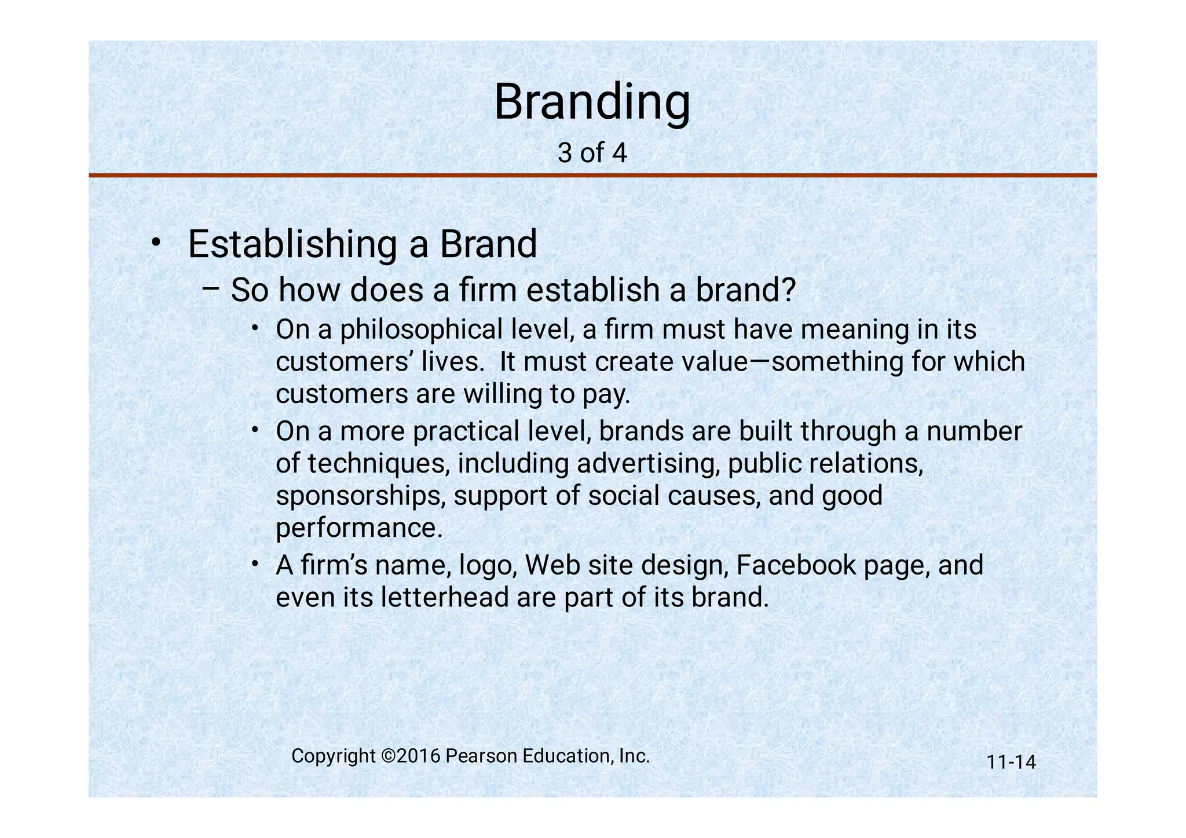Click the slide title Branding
point(592,103)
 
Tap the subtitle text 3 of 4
point(592,153)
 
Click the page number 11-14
point(1011,762)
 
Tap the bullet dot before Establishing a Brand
point(155,242)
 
